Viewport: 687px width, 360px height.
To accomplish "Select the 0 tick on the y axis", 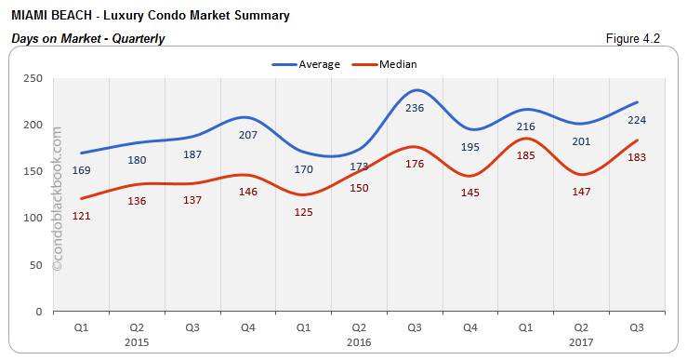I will pos(39,312).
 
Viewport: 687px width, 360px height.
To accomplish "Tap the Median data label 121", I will pos(81,216).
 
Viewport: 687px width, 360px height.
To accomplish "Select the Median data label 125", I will pos(303,212).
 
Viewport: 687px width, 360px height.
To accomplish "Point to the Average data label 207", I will pos(247,135).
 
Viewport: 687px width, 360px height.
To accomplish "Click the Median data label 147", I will pos(581,191).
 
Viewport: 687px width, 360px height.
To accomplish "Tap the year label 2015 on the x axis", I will pos(137,340).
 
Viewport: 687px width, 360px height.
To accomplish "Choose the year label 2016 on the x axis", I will pos(359,340).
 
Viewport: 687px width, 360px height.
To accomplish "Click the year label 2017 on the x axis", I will pos(581,340).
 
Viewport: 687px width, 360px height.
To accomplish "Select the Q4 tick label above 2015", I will pos(247,327).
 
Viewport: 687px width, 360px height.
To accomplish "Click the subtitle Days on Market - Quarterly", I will pos(88,38).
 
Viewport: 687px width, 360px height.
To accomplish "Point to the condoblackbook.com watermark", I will pos(58,199).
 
